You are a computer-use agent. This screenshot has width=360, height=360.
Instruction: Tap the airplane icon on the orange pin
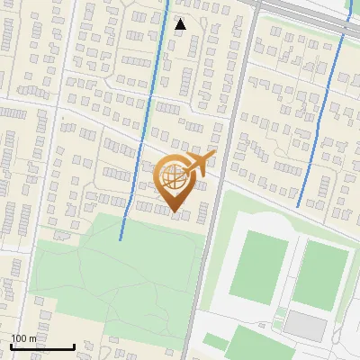click(199, 164)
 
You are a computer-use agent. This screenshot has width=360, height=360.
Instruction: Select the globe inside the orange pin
click(174, 178)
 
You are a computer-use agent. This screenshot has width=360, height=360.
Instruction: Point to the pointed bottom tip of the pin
click(174, 212)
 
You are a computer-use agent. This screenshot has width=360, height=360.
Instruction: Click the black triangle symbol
click(181, 24)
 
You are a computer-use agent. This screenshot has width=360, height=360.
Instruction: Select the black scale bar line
click(42, 347)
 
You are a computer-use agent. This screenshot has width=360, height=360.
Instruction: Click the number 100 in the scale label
click(17, 338)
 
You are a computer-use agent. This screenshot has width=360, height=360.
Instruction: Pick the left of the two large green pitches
click(258, 266)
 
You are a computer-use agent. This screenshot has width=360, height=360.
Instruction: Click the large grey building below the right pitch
click(306, 326)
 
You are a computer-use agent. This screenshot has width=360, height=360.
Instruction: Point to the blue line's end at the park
click(121, 238)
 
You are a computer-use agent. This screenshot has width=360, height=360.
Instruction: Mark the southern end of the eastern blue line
click(298, 206)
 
